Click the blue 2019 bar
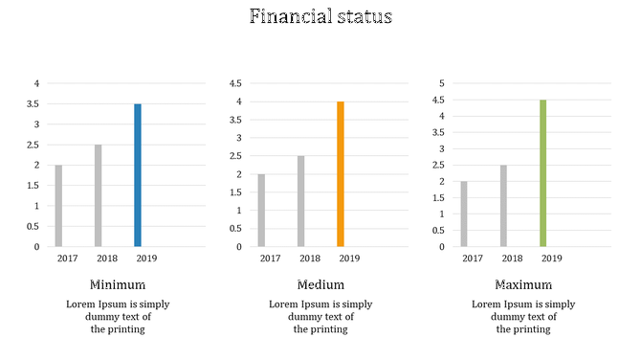(x=138, y=175)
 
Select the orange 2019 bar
(x=340, y=174)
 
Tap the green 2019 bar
(x=542, y=173)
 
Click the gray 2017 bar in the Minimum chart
(x=58, y=206)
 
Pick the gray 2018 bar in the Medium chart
(x=300, y=201)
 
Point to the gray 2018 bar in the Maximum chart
(x=503, y=206)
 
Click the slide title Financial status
(x=320, y=17)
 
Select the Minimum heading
(x=118, y=284)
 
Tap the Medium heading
(x=320, y=284)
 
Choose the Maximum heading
(x=523, y=284)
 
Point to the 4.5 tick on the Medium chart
(x=234, y=83)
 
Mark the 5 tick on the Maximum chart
(x=442, y=83)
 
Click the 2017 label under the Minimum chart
(x=67, y=258)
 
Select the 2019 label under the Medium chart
(x=349, y=258)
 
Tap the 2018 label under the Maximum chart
(x=513, y=258)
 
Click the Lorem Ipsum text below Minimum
(x=118, y=317)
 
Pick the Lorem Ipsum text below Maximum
(x=523, y=317)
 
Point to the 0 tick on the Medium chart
(x=239, y=246)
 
